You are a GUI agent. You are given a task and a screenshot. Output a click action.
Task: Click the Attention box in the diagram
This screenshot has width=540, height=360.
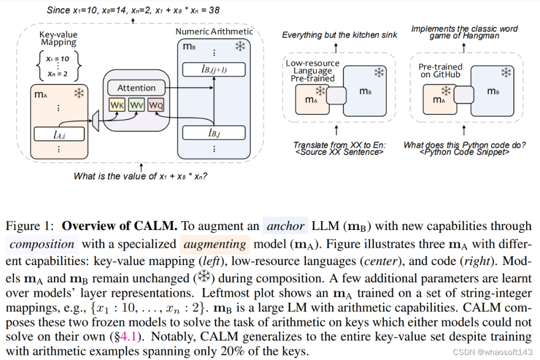click(136, 88)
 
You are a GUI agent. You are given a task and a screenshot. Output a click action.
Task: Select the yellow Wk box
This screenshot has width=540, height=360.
click(116, 105)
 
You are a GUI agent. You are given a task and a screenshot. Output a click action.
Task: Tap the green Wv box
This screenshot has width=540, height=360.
click(136, 105)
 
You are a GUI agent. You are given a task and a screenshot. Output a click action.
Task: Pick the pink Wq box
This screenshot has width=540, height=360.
click(155, 105)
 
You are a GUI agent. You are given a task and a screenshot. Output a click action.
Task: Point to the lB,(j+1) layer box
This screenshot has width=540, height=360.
click(214, 69)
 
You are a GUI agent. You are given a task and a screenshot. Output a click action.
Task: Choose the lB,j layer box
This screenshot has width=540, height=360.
click(214, 133)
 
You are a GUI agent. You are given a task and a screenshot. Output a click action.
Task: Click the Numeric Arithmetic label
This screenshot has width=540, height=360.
click(214, 31)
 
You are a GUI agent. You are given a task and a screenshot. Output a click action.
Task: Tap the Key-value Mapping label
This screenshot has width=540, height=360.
click(58, 38)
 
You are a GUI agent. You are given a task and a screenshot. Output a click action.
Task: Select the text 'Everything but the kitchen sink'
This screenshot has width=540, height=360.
click(339, 35)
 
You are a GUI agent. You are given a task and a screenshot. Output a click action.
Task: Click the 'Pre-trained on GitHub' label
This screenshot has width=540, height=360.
click(440, 70)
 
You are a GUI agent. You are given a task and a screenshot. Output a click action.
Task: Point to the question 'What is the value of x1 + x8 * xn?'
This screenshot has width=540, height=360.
click(141, 176)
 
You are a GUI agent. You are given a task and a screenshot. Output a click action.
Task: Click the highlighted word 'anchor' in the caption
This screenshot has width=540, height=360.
click(285, 226)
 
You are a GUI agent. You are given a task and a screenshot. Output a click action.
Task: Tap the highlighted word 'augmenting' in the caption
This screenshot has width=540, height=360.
click(214, 244)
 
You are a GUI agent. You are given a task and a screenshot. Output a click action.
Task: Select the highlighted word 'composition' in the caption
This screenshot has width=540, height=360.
click(42, 244)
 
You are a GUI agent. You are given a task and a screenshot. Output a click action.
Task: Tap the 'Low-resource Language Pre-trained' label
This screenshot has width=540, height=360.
click(312, 71)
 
